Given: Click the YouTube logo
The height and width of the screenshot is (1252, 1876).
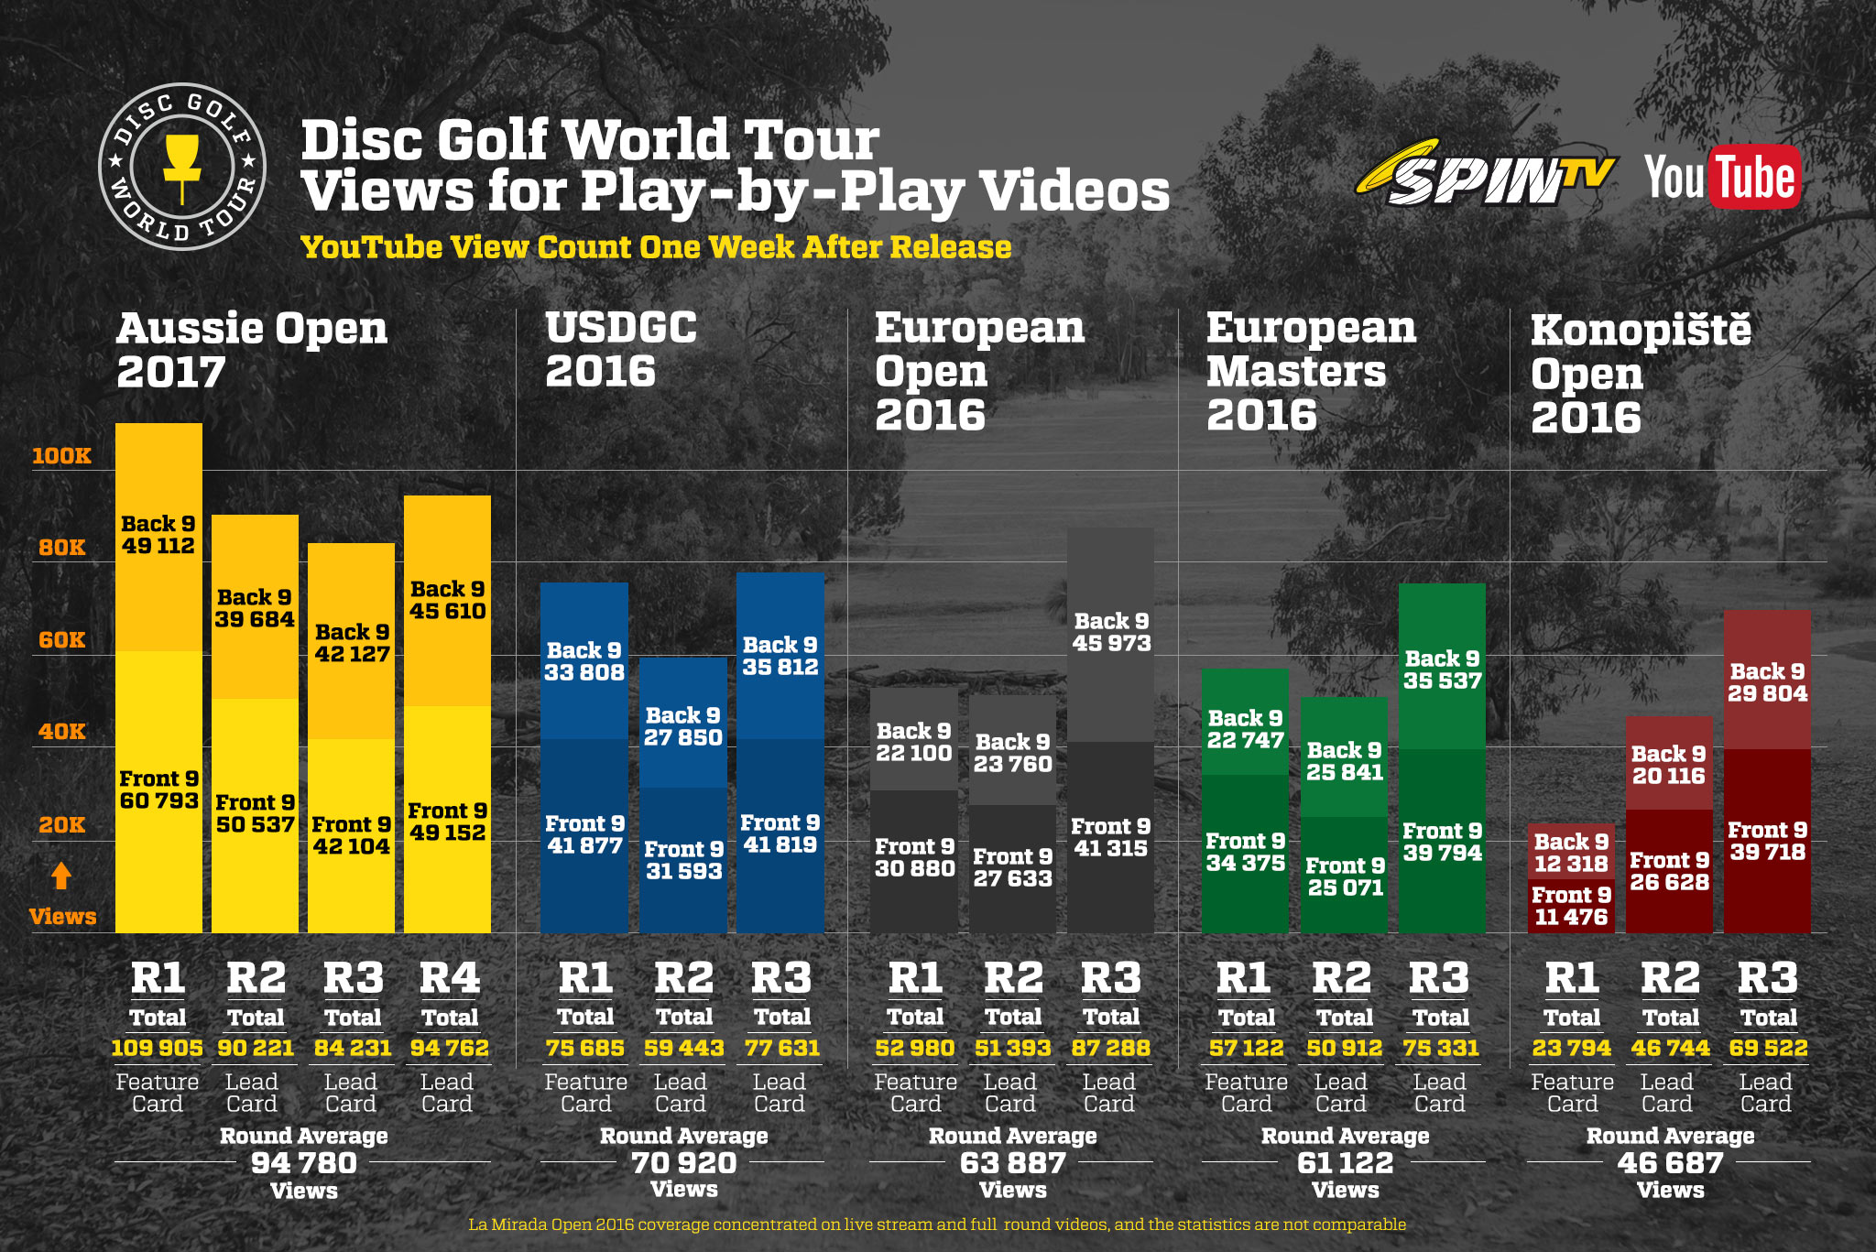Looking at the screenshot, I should (x=1722, y=178).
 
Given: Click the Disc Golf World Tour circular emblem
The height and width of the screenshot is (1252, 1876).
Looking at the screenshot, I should (x=182, y=167).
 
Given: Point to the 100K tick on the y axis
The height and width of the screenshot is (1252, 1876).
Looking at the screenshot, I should (x=61, y=456).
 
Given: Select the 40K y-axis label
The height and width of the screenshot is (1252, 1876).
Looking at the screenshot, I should (x=61, y=732).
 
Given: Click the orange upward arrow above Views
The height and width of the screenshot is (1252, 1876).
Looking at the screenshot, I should (x=61, y=876).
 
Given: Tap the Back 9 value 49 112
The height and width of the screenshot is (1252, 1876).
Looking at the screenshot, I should (x=158, y=546).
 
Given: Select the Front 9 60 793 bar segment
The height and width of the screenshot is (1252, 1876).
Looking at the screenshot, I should (x=158, y=791).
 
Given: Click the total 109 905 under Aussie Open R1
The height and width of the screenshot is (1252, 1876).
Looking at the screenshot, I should (x=157, y=1048).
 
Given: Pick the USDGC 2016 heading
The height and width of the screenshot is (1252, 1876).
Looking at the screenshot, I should (x=621, y=350).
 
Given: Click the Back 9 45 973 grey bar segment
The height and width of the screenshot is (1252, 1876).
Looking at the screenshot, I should (x=1111, y=634).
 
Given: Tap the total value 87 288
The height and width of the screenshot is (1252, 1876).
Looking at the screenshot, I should (x=1111, y=1048).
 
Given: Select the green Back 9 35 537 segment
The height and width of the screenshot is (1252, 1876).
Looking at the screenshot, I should (x=1442, y=669).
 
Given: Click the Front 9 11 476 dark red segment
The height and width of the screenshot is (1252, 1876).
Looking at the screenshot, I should (x=1571, y=907).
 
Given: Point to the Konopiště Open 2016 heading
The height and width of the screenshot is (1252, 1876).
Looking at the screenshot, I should (x=1640, y=374).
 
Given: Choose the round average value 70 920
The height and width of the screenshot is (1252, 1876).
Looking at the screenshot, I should (x=683, y=1163).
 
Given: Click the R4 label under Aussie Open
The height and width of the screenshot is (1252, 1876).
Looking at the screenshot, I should (x=449, y=978).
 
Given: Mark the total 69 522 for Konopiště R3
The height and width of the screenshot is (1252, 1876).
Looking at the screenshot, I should (x=1768, y=1048).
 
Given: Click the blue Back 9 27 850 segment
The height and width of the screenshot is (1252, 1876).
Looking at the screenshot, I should (x=682, y=725).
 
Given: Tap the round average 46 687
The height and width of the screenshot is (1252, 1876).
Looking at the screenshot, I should (x=1670, y=1163).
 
